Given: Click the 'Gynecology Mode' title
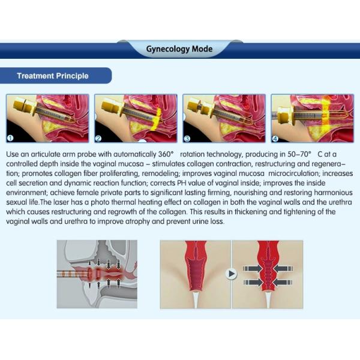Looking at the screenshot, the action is pyautogui.click(x=179, y=49).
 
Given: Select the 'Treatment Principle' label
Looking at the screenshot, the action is pyautogui.click(x=53, y=76).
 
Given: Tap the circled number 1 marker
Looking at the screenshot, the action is pyautogui.click(x=10, y=138).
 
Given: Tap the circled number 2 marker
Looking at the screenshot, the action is pyautogui.click(x=98, y=139).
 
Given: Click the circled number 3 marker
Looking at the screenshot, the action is pyautogui.click(x=187, y=139).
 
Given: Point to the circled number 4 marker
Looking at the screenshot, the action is pyautogui.click(x=275, y=139).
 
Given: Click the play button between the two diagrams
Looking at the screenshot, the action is pyautogui.click(x=231, y=274).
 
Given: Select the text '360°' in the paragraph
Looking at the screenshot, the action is pyautogui.click(x=166, y=154).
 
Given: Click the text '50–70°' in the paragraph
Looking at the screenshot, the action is pyautogui.click(x=299, y=154).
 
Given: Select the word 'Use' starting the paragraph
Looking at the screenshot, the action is pyautogui.click(x=11, y=154).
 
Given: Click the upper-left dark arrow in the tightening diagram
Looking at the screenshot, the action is pyautogui.click(x=253, y=269).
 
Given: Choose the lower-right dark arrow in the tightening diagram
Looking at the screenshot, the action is pyautogui.click(x=283, y=283).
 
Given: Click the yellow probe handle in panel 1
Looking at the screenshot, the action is pyautogui.click(x=22, y=104).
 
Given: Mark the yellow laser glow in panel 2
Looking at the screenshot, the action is pyautogui.click(x=155, y=119).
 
